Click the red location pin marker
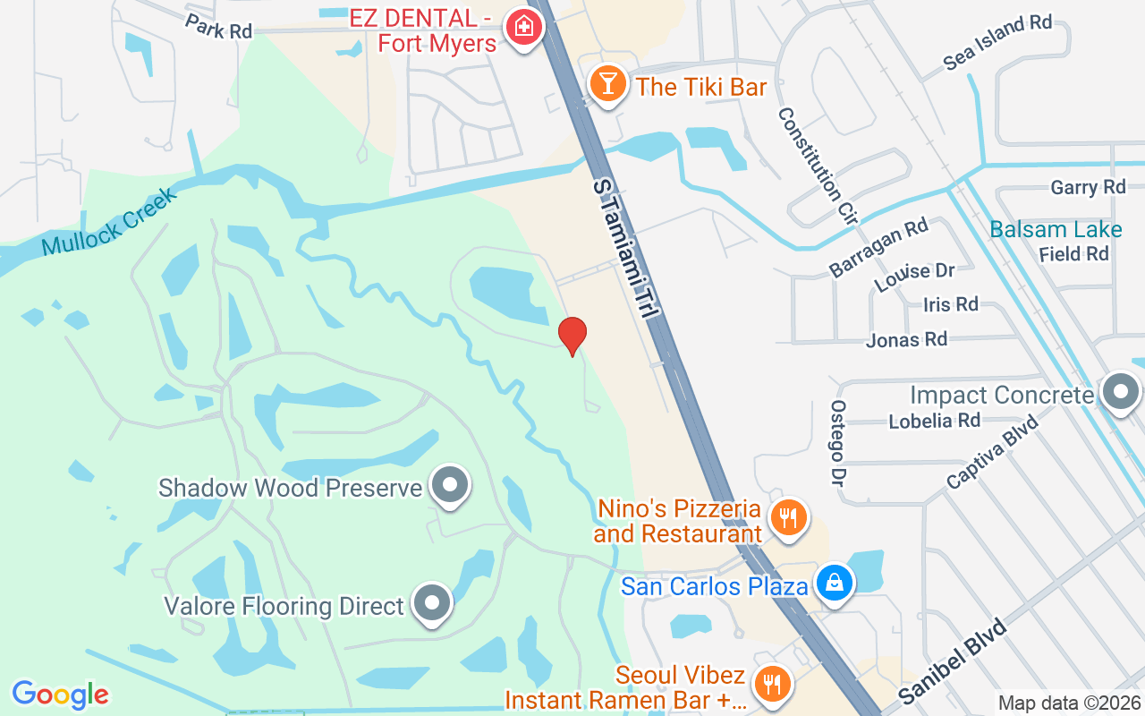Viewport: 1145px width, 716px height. point(572,336)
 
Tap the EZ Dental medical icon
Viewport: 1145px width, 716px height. point(523,27)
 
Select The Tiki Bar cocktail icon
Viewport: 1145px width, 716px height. point(607,84)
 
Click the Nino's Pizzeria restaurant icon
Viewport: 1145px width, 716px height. point(788,518)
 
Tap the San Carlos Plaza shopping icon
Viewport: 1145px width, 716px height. point(834,583)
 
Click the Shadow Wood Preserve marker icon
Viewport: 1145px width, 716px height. point(449,486)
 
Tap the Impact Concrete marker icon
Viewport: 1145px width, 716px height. point(1119,392)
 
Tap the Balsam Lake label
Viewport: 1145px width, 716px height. point(1056,229)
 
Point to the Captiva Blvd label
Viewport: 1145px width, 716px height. point(992,452)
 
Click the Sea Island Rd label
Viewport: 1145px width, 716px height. point(997,41)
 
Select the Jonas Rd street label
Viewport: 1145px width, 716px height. point(906,339)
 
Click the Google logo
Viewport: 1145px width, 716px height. point(60,695)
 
